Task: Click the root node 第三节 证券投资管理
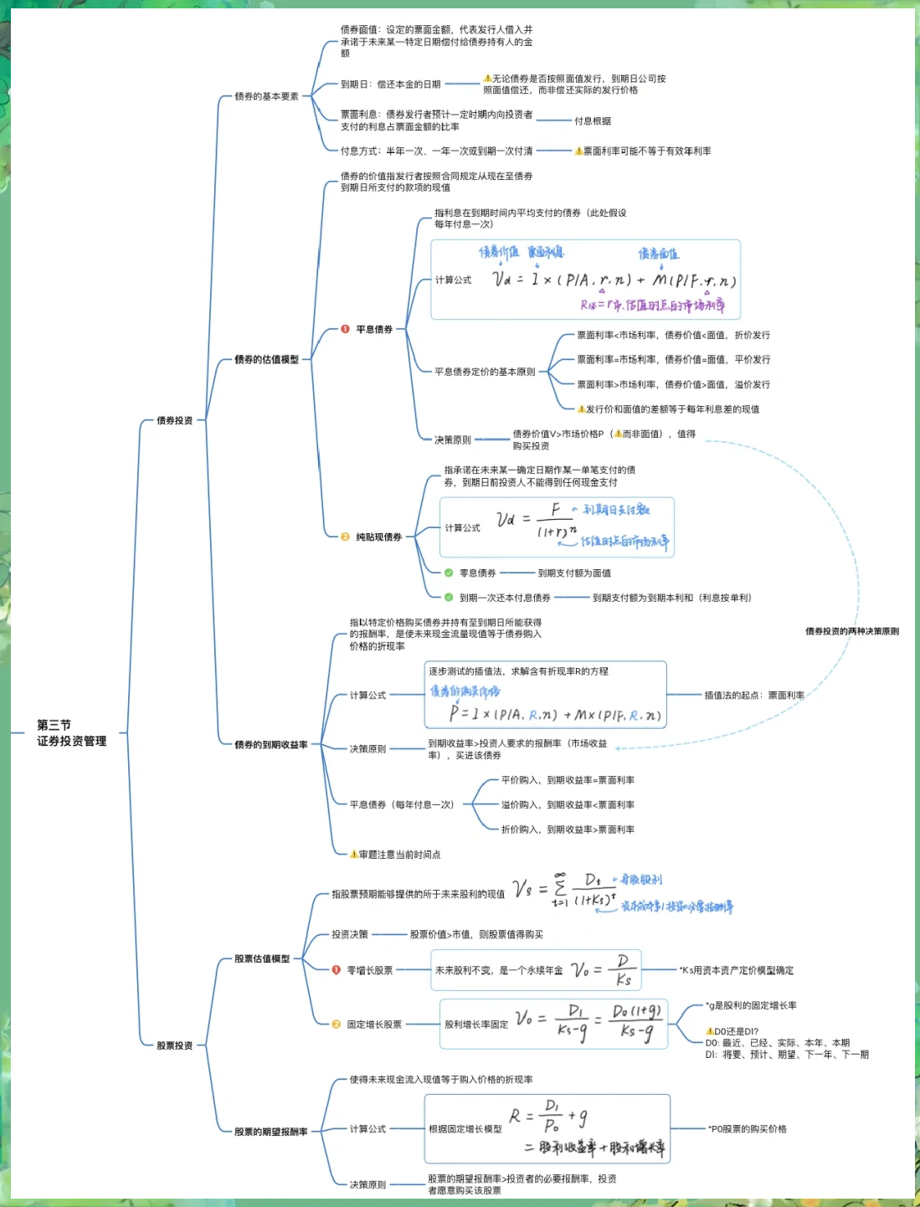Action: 71,732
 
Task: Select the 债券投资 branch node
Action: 174,420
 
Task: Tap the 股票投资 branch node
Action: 174,1045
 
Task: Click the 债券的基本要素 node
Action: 266,96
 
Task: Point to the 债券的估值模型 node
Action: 266,359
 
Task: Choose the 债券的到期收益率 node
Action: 270,744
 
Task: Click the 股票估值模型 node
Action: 262,958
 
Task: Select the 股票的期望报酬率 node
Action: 270,1132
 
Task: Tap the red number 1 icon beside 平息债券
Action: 345,329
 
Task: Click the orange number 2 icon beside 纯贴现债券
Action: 345,537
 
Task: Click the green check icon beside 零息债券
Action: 449,573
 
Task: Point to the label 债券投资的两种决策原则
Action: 851,631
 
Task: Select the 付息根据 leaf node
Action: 592,121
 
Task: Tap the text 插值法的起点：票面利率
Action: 753,695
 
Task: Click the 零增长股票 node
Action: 369,970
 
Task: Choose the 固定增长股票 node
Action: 374,1025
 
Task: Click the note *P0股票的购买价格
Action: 747,1128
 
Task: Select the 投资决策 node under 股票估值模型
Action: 349,934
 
